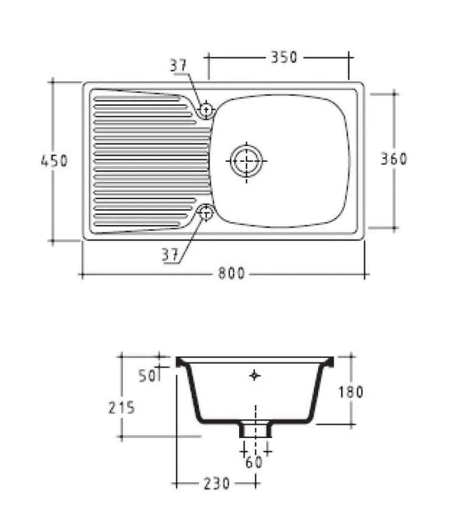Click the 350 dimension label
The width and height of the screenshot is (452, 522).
click(x=284, y=57)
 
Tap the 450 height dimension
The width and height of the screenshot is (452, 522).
click(x=54, y=160)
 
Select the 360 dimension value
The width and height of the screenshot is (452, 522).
click(x=394, y=159)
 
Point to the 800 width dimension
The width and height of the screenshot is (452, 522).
click(x=232, y=273)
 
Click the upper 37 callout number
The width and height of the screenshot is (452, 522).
click(x=179, y=65)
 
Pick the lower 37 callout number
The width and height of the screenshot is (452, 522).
click(x=170, y=255)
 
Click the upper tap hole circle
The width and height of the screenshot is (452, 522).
click(x=206, y=109)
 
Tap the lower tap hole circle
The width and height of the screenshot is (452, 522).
click(x=206, y=212)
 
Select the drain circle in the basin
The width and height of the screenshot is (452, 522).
click(x=246, y=161)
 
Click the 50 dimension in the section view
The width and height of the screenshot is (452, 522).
click(x=146, y=376)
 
